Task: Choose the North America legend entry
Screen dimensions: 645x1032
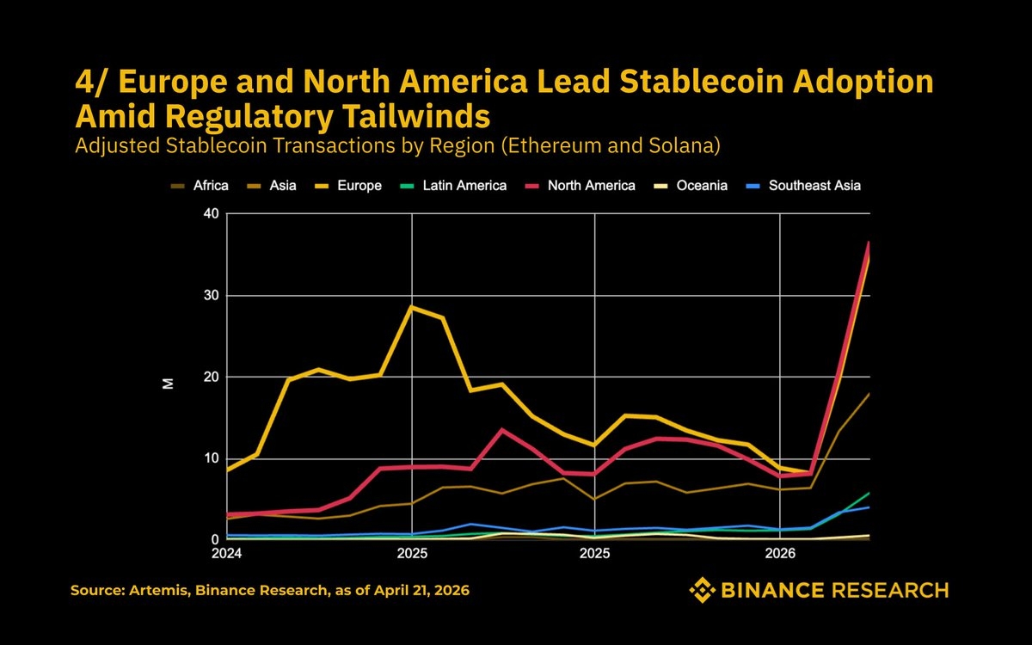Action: click(x=584, y=185)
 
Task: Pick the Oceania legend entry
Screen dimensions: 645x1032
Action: click(x=696, y=185)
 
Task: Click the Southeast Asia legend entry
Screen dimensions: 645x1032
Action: click(x=806, y=185)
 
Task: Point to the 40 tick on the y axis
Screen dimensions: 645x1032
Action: click(x=212, y=214)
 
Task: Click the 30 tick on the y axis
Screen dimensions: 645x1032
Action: click(x=212, y=295)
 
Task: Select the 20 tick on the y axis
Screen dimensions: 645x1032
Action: click(x=212, y=377)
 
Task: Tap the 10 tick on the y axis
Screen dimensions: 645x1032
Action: click(x=212, y=458)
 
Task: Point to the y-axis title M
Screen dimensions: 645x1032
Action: click(x=169, y=383)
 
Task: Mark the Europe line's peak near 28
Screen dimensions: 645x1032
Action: click(x=412, y=307)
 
